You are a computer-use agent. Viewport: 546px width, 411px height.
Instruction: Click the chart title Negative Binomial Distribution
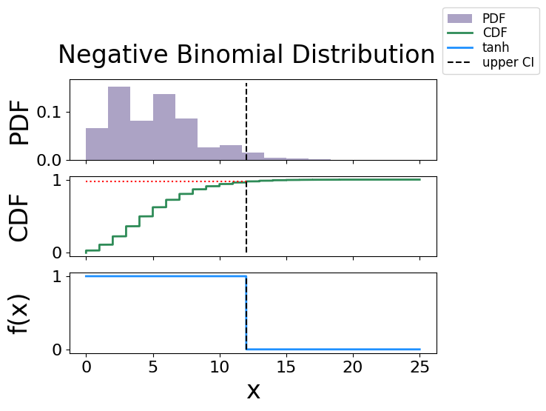pyautogui.click(x=246, y=56)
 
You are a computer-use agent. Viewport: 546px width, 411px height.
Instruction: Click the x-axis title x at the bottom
pyautogui.click(x=253, y=390)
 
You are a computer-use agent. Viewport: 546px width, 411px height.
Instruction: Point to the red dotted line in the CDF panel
pyautogui.click(x=163, y=181)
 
